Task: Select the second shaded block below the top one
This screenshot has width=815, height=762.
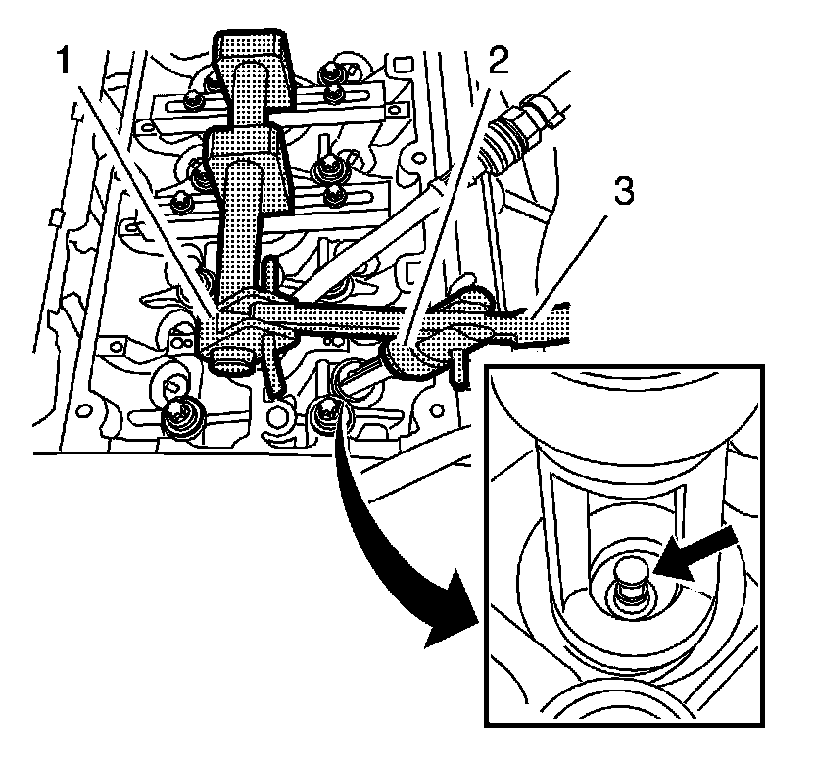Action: [245, 157]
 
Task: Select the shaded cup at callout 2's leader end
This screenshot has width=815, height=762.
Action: [404, 357]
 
